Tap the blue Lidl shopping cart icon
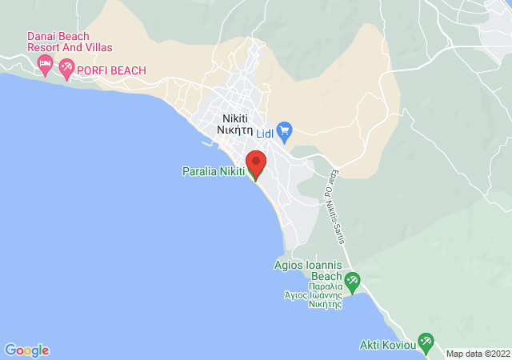point(286,130)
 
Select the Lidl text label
point(265,134)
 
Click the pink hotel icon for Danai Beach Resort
point(46,63)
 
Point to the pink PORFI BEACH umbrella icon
point(66,70)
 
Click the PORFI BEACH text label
point(112,71)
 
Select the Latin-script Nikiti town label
point(238,118)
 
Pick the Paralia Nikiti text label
point(214,170)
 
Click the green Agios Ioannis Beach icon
point(352,281)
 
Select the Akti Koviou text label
point(386,346)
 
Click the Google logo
point(26,350)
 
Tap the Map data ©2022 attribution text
point(478,354)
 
